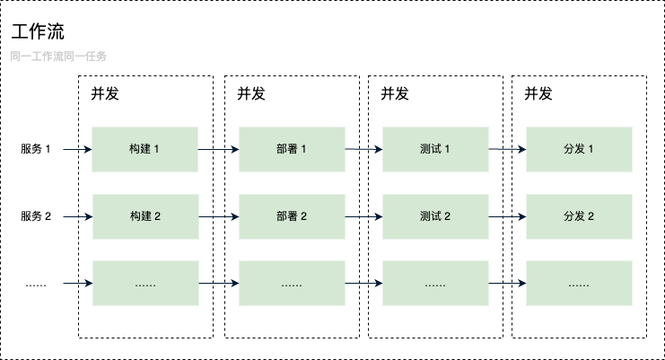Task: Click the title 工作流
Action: tap(38, 32)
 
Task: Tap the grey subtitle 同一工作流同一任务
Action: tap(59, 57)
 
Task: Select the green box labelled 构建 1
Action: tap(144, 149)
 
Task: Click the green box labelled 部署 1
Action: tap(292, 149)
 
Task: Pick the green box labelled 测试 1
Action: tap(435, 149)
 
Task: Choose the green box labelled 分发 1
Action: tap(579, 149)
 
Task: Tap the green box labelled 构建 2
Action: tap(144, 216)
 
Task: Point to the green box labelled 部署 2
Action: tap(292, 216)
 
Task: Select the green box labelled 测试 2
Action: tap(435, 216)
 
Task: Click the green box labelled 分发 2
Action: tap(579, 216)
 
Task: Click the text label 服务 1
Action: tap(37, 149)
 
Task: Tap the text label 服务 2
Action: tap(37, 216)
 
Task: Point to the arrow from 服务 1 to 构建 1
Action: tap(77, 149)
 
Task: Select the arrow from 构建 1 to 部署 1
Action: tap(218, 149)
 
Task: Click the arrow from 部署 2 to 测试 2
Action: tap(363, 216)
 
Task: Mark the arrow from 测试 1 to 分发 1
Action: tap(507, 149)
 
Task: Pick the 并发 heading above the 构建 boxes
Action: tap(105, 93)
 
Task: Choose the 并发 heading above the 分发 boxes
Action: tap(538, 93)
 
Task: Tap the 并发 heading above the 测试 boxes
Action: tap(395, 93)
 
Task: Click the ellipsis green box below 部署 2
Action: tap(292, 284)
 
